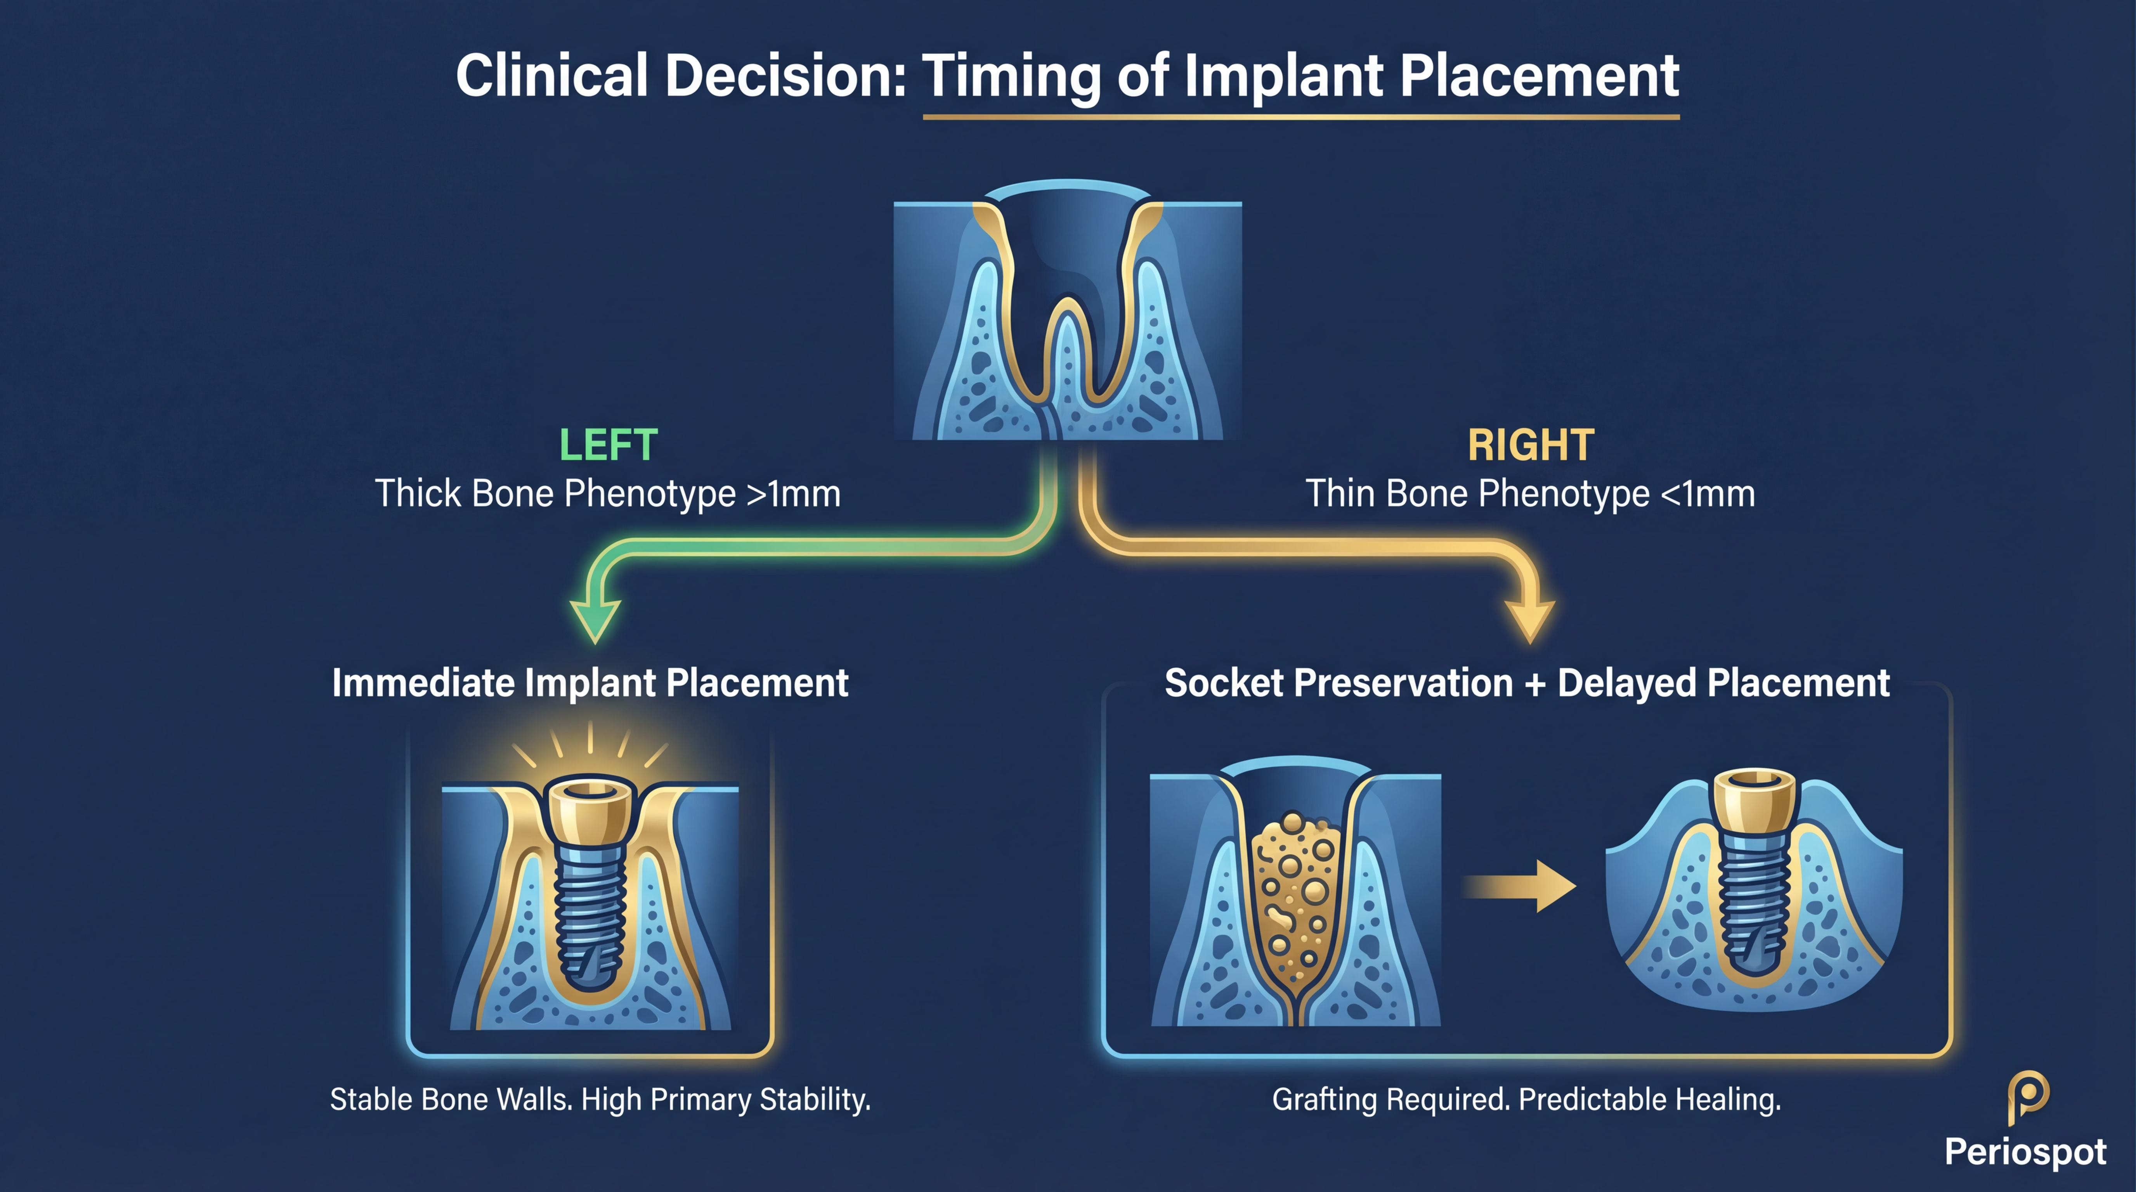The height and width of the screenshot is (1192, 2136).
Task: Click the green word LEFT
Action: pos(608,446)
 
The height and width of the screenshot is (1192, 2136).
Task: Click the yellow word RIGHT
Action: pos(1531,446)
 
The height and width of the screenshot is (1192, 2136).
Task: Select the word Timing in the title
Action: pos(1012,76)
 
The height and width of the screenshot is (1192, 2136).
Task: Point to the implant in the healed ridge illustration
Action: pos(1754,878)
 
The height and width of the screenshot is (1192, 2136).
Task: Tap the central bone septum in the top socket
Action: pos(1067,357)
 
